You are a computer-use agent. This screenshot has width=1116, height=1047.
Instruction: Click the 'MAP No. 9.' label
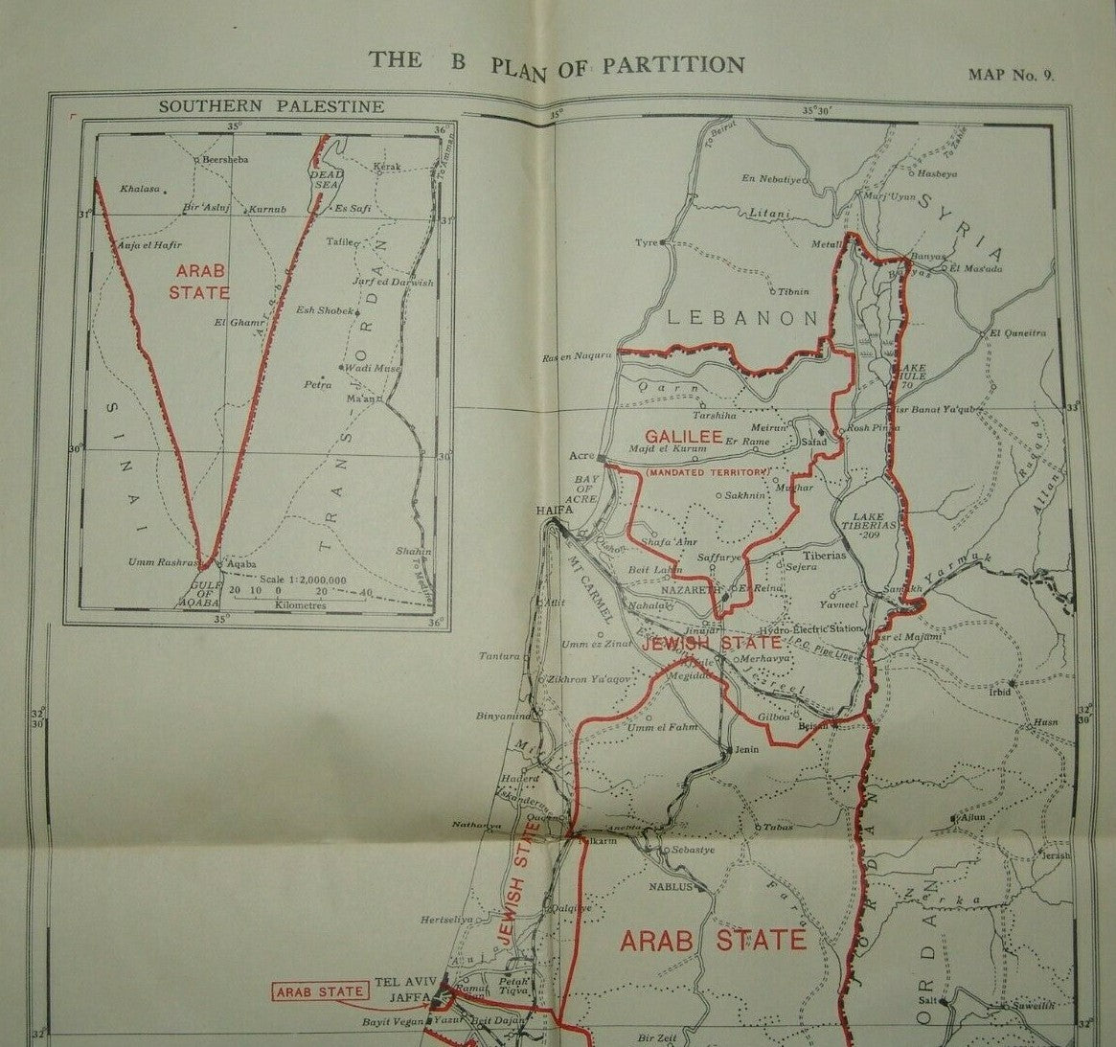1012,75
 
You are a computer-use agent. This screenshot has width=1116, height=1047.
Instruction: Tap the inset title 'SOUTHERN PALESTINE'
271,106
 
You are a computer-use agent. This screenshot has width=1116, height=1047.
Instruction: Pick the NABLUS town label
670,887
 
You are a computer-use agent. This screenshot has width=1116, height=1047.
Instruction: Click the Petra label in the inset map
317,384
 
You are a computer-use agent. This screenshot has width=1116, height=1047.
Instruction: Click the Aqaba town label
240,565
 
